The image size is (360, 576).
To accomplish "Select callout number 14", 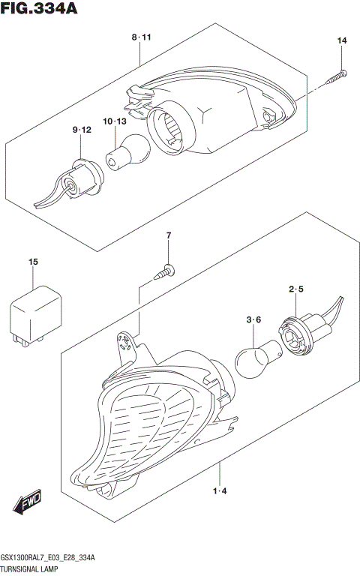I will click(342, 40).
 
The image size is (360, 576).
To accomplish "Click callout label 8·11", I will click(141, 37).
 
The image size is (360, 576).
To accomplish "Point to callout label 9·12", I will click(82, 130).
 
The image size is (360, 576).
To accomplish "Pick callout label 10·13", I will click(114, 121).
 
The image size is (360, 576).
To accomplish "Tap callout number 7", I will click(169, 236).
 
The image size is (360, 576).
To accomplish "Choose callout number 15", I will click(33, 261).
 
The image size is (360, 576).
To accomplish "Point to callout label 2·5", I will click(295, 289).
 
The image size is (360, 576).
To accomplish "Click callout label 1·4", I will click(220, 491).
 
